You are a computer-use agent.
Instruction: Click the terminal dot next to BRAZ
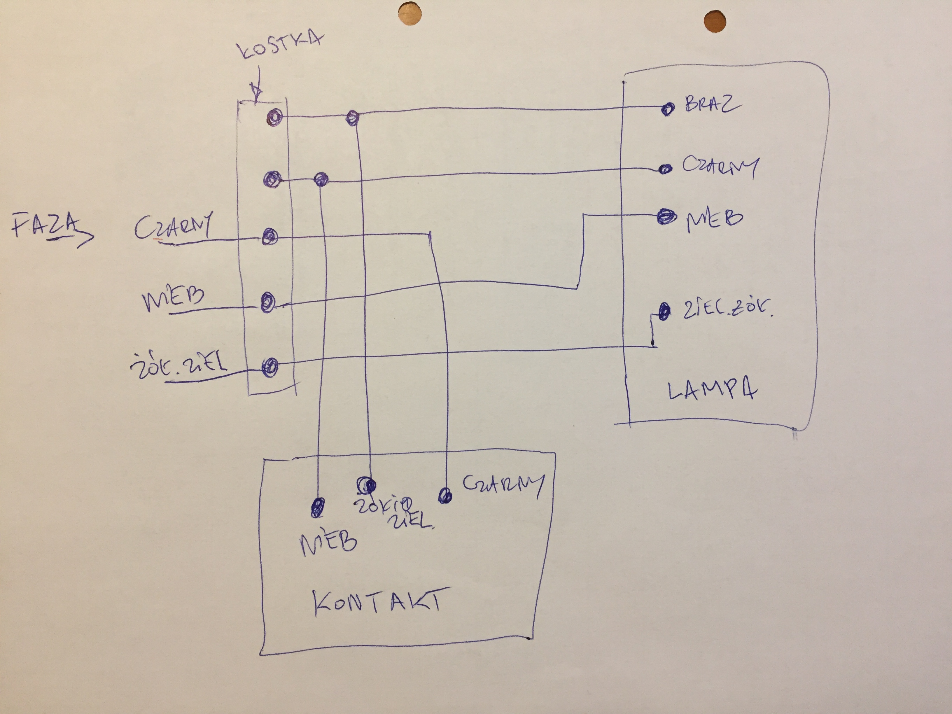pyautogui.click(x=667, y=109)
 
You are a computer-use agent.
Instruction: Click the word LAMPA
pyautogui.click(x=712, y=391)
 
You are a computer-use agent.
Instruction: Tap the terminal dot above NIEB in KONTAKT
pyautogui.click(x=318, y=508)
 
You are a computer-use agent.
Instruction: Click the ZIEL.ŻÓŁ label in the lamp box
pyautogui.click(x=727, y=310)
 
